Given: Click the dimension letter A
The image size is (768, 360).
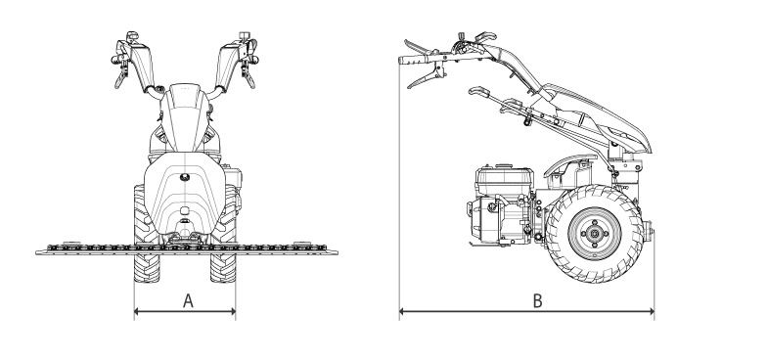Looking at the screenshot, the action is point(188,300).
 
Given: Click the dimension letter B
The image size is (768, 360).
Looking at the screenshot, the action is point(537,300).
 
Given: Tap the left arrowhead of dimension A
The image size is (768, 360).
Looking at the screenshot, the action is point(137,311).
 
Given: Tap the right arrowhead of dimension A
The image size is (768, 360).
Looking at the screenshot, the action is point(233,311).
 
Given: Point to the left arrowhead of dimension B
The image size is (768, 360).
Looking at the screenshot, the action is point(402,311).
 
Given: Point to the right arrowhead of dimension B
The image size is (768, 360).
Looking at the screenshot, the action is point(652,311).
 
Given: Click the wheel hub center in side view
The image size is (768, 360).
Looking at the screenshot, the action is point(595,234).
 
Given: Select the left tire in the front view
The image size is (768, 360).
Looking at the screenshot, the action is point(147,234).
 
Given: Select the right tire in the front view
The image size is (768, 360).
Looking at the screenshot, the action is point(223,234).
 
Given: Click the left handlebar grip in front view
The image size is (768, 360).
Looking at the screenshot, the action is point(115,60).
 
